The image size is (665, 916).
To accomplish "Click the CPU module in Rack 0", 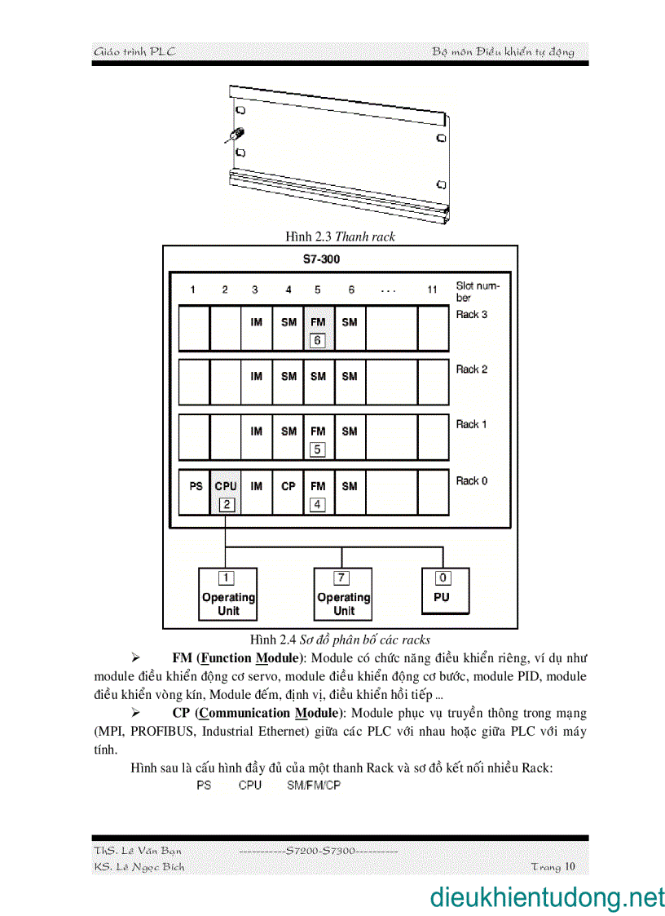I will (226, 486).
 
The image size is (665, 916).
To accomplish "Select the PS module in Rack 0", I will (196, 486).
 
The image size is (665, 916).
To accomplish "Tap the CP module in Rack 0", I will (288, 486).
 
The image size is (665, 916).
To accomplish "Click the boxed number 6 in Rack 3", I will (318, 340).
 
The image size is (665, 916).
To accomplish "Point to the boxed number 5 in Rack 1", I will (318, 449).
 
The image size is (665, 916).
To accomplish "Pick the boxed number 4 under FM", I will (318, 505).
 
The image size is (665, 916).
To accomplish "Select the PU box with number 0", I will (442, 591).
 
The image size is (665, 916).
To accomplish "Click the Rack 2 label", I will (471, 369).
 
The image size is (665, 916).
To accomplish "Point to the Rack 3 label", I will (471, 315).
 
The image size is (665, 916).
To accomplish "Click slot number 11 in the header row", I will (433, 290).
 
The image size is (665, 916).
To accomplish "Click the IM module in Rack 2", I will (257, 376).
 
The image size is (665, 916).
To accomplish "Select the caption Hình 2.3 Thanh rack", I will (340, 237).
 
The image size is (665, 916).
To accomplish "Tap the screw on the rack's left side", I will (236, 135).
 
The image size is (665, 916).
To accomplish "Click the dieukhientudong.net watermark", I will (547, 897).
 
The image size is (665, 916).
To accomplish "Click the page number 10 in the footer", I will (569, 866).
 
